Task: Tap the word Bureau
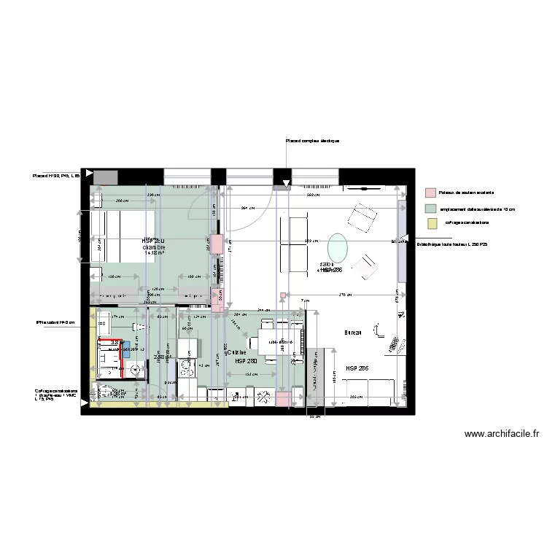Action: coord(354,333)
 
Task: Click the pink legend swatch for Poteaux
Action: coord(431,193)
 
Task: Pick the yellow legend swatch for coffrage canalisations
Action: coord(431,223)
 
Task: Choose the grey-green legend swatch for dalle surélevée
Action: coord(431,209)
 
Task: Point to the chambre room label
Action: coord(154,247)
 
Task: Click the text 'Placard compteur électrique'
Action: coord(312,141)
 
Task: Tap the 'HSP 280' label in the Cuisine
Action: coord(246,361)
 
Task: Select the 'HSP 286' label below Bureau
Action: coord(357,369)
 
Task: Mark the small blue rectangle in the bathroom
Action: coord(126,347)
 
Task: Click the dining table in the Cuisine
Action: coord(278,342)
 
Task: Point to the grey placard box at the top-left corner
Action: coord(106,176)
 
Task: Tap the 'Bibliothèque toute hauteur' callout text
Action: coord(447,244)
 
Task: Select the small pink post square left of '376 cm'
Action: coord(283,295)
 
